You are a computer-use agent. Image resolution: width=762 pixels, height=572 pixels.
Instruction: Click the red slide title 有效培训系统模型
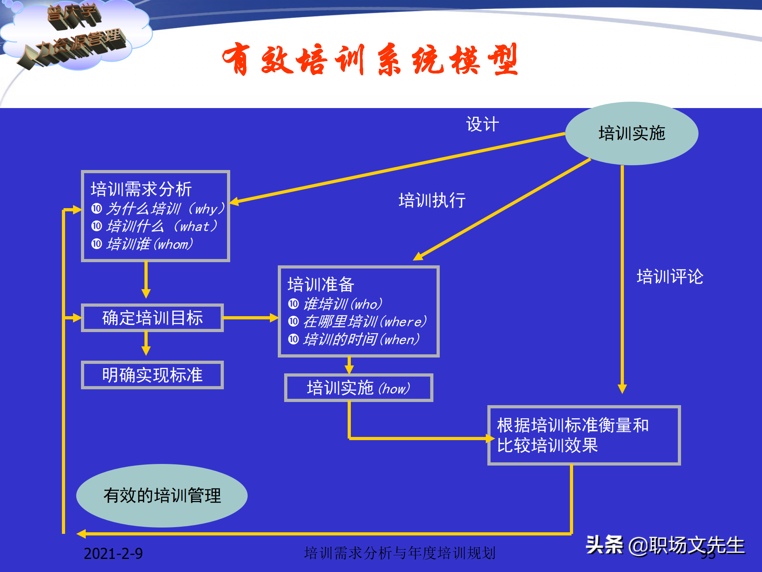point(370,60)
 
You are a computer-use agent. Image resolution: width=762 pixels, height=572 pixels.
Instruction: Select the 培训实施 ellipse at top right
point(631,133)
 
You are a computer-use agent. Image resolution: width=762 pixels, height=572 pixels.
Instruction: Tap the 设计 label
point(482,124)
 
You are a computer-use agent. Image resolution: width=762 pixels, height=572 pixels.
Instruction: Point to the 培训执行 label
point(432,200)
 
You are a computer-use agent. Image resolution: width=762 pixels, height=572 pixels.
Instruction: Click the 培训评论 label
point(670,276)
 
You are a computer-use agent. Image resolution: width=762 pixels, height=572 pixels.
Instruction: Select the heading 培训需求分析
point(141,189)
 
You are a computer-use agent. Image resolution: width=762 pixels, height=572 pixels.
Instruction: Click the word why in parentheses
point(206,209)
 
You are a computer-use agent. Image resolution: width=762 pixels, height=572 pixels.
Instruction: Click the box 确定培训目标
point(152,318)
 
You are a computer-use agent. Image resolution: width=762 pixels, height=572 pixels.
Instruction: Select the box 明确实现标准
point(152,375)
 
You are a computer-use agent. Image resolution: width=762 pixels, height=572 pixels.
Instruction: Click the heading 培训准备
point(321,284)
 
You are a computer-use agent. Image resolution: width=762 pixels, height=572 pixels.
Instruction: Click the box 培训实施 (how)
point(358,388)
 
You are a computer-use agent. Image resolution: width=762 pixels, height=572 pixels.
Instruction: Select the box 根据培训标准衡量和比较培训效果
point(583,435)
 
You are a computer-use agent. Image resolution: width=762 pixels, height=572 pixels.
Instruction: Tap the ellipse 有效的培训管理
point(162,495)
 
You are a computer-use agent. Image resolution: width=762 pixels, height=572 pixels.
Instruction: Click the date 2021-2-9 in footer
point(113,553)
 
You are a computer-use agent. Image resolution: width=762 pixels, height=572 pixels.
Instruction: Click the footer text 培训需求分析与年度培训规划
point(400,553)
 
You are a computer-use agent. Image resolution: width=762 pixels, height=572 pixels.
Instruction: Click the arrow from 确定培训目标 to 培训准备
point(250,318)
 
